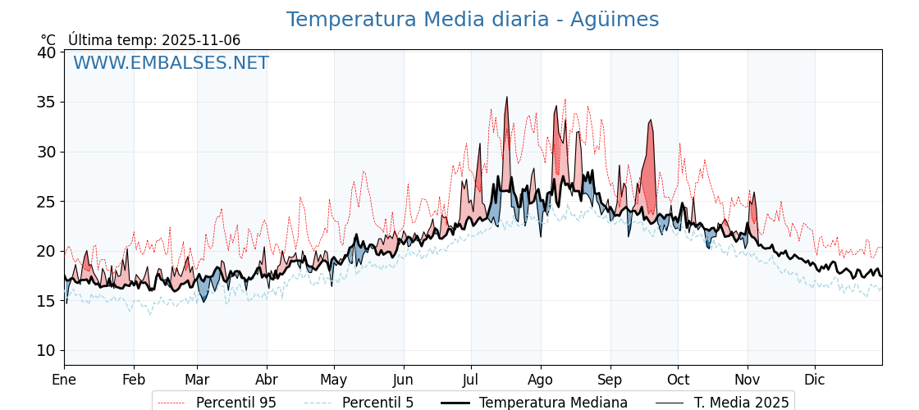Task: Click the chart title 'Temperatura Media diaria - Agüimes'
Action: [x=472, y=20]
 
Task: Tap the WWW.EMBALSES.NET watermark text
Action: [x=171, y=63]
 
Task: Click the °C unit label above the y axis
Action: [x=48, y=40]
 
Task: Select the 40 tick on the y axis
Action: [x=47, y=52]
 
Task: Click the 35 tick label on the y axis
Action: [x=47, y=102]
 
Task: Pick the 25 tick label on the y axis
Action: [x=47, y=202]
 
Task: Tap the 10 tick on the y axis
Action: [x=47, y=350]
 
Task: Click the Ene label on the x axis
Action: [x=64, y=380]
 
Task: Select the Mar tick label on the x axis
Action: [x=197, y=380]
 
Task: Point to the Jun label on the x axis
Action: [x=403, y=380]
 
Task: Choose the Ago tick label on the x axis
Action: [x=540, y=380]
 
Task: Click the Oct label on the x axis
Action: [x=678, y=380]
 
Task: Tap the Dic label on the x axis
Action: [x=815, y=380]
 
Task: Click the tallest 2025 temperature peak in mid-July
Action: [x=507, y=98]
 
